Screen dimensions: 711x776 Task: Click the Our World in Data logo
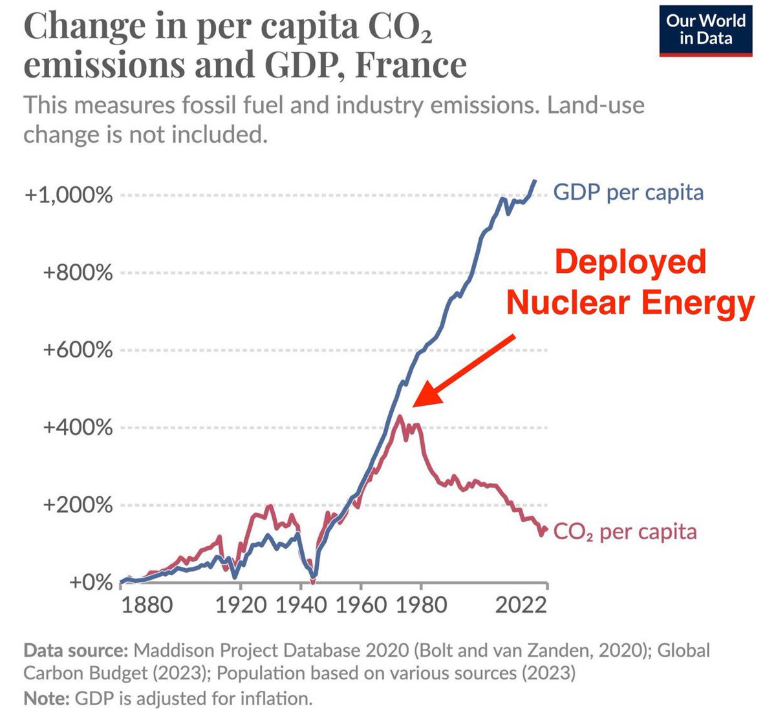pos(706,30)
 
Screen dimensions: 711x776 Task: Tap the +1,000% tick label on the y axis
pos(69,195)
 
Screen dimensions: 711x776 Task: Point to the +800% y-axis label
pos(78,272)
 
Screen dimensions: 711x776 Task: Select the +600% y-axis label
pos(78,350)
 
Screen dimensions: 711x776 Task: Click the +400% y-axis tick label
pos(78,427)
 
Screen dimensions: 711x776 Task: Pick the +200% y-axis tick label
pos(78,505)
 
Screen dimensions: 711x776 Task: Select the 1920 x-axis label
pos(241,606)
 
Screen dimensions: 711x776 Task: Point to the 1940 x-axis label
pos(301,606)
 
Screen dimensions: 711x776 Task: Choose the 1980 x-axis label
pos(421,606)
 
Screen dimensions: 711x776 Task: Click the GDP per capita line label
pos(628,192)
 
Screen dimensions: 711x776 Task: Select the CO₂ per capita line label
pos(625,532)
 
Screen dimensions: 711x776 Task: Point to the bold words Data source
pos(76,650)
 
